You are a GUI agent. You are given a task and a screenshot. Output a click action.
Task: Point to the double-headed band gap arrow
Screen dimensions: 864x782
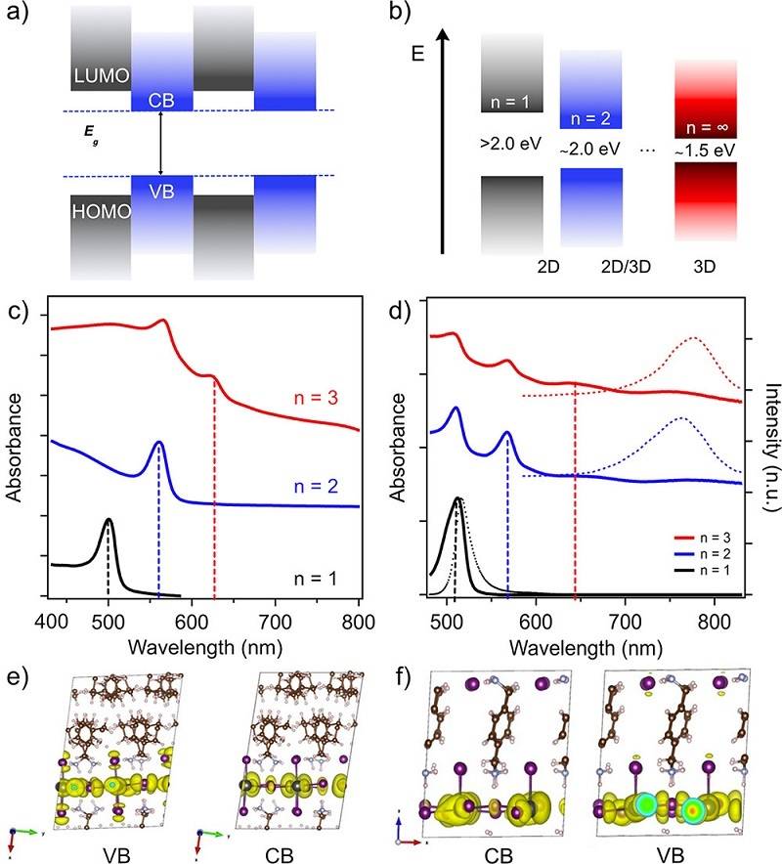[161, 143]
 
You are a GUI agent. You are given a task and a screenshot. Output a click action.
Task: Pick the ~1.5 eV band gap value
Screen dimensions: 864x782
[707, 151]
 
